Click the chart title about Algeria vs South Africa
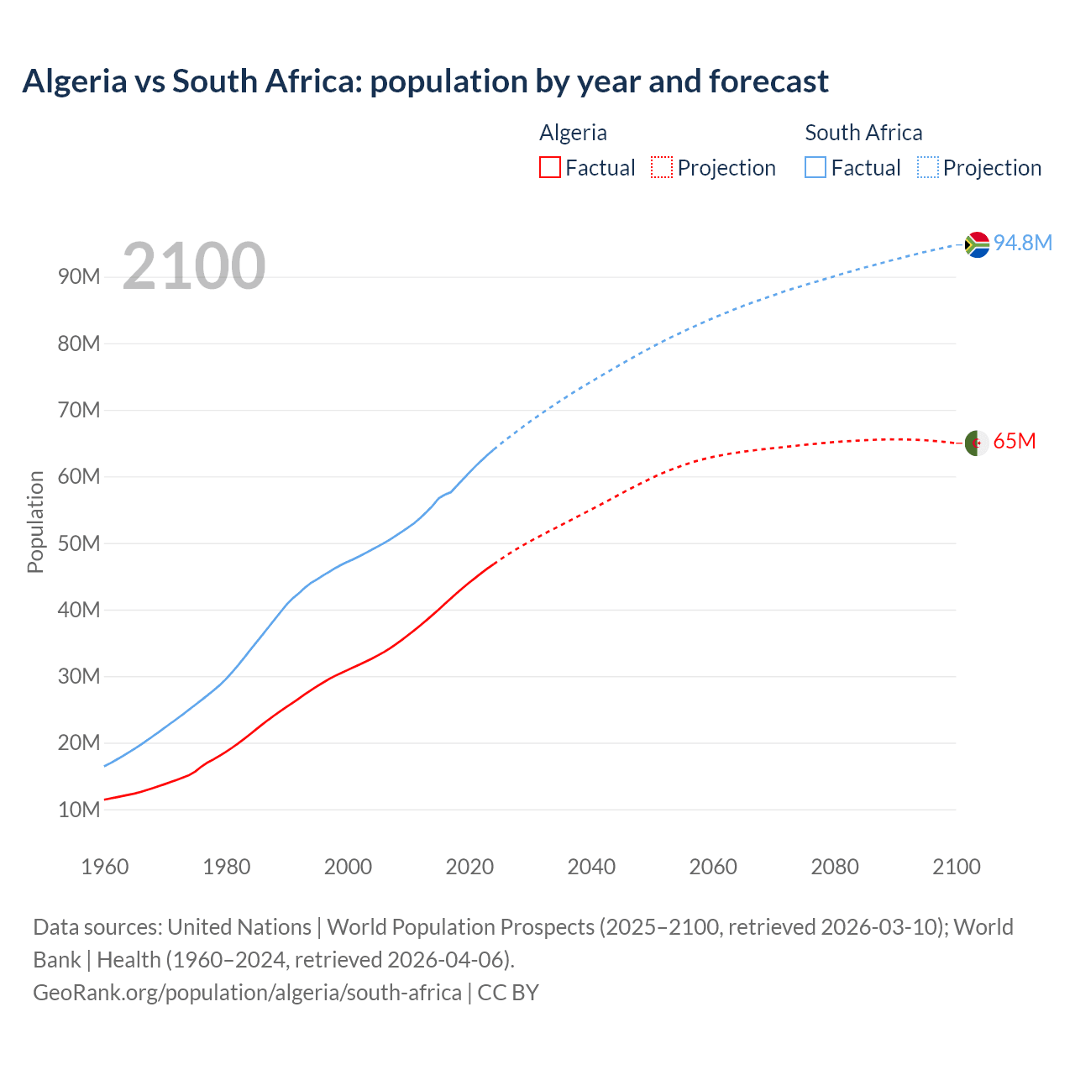(x=425, y=81)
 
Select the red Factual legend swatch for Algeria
(x=549, y=167)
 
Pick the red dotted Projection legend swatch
(x=662, y=167)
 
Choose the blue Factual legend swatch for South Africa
(x=815, y=167)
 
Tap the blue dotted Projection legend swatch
(x=927, y=167)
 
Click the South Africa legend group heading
(x=863, y=133)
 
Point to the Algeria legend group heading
(x=573, y=133)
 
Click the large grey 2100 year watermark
(x=194, y=266)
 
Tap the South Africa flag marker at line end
(x=977, y=244)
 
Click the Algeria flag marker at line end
(x=976, y=443)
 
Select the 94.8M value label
(x=1023, y=243)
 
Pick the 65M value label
(x=1015, y=441)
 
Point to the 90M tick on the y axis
(x=79, y=277)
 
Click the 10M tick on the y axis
(x=79, y=810)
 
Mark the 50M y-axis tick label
(x=79, y=543)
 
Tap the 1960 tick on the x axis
(x=105, y=867)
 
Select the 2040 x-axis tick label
(x=591, y=867)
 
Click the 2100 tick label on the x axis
(x=956, y=867)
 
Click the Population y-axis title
(x=35, y=522)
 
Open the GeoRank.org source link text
(x=247, y=993)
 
